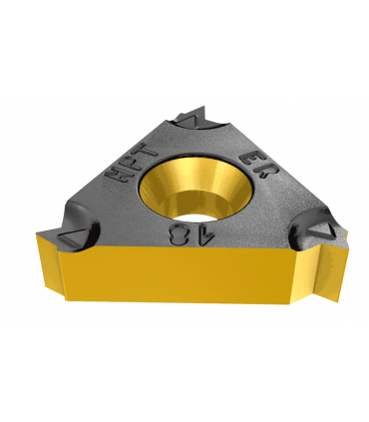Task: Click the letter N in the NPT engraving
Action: coord(118,175)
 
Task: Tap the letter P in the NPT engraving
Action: coord(129,162)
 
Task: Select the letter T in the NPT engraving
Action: coord(143,150)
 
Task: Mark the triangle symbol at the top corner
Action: coord(187,121)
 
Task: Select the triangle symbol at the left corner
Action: coord(71,236)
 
